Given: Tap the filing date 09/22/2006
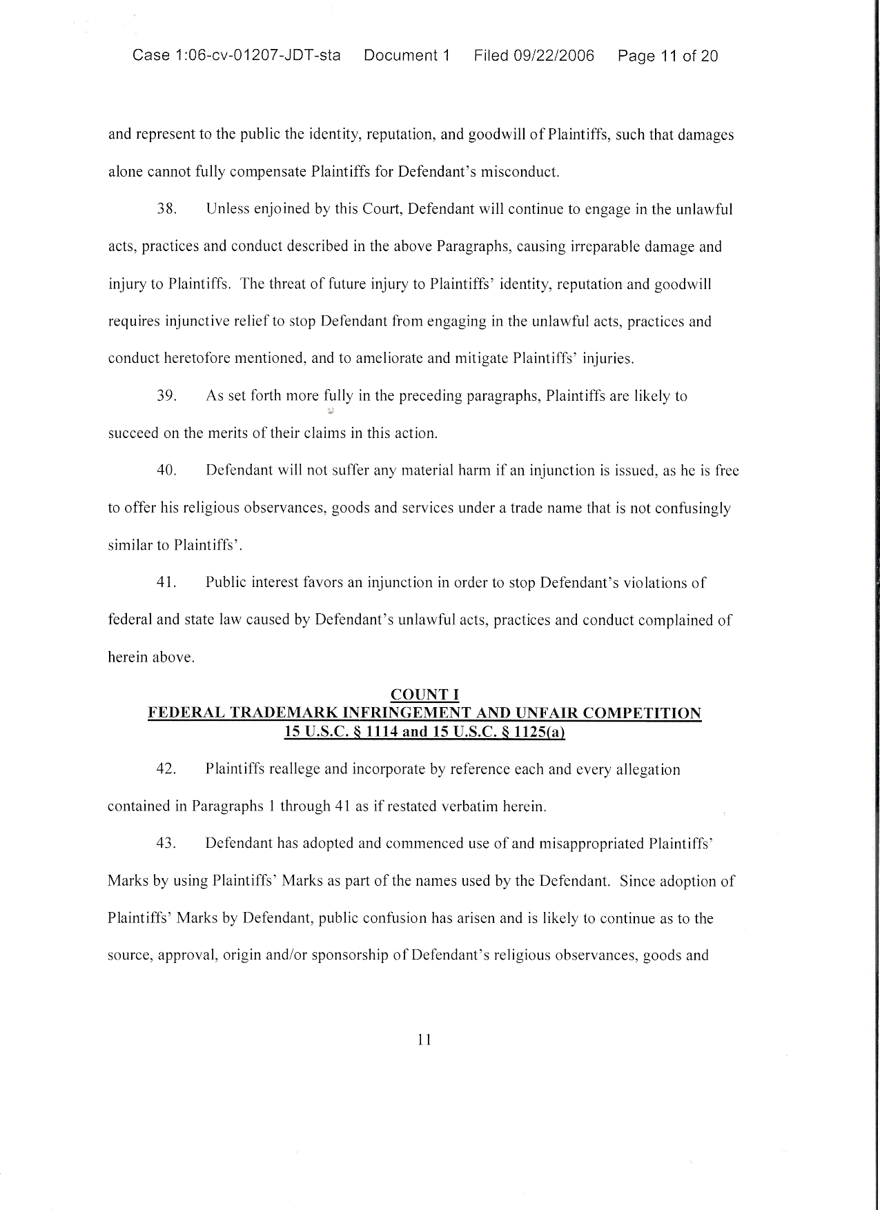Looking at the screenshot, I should [554, 56].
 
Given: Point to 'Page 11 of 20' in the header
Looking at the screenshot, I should [667, 56].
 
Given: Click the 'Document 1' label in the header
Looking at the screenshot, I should [407, 56].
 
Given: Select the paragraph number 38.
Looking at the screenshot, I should [167, 210].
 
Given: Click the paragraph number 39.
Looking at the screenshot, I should [167, 397].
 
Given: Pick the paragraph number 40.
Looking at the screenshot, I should [167, 471].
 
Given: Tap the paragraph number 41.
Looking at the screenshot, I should [167, 583].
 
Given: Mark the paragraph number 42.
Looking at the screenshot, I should [167, 769].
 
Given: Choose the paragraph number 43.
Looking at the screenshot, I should [167, 844].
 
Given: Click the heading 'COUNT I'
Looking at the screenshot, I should [424, 695].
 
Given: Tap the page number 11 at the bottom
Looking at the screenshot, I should [424, 1040].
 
